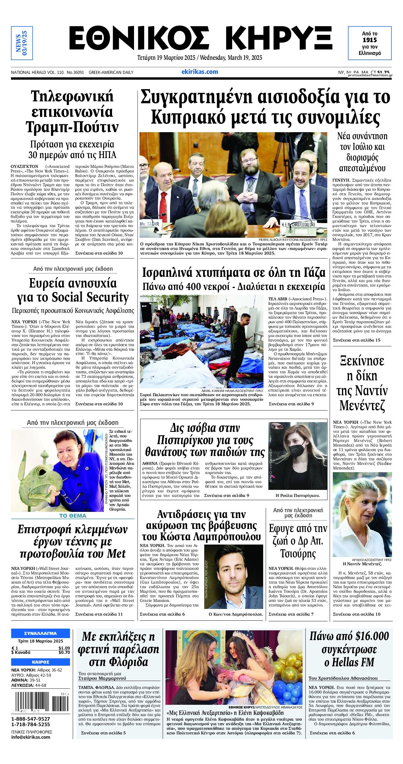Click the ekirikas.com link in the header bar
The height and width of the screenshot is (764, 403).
(x=200, y=72)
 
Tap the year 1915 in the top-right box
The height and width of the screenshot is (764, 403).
(x=369, y=40)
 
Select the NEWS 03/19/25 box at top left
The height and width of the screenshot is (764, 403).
(x=22, y=43)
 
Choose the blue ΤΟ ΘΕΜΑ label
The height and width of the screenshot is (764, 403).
(x=73, y=516)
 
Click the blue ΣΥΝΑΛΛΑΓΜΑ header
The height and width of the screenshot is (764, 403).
(x=41, y=633)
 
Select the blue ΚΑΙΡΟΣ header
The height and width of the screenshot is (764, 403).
(x=41, y=662)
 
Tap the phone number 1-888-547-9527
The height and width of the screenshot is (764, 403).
(x=31, y=719)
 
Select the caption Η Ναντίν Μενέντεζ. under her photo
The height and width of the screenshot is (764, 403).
(x=362, y=564)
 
